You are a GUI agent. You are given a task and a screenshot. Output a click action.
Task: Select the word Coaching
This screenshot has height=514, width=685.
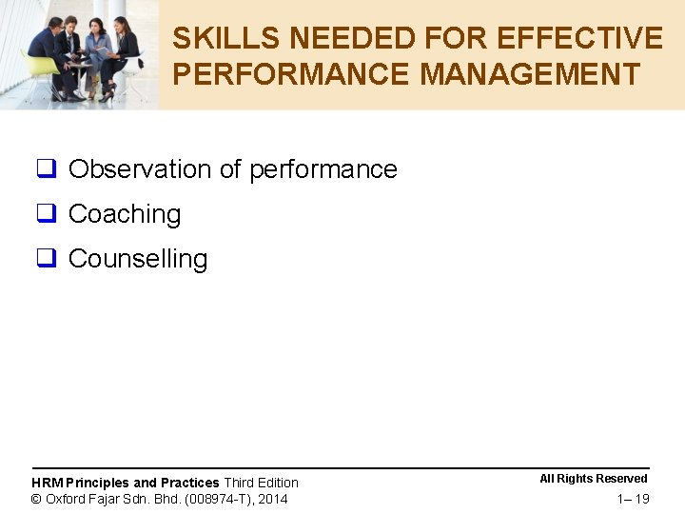click(x=125, y=214)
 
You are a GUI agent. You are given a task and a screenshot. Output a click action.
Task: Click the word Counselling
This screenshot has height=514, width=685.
click(x=138, y=259)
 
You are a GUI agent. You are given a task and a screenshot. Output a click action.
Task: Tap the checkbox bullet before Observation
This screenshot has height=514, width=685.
click(x=46, y=170)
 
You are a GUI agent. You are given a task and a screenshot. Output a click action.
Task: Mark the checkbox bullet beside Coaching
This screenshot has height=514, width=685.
click(x=46, y=215)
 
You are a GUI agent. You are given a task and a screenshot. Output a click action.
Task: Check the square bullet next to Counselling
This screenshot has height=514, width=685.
click(x=46, y=260)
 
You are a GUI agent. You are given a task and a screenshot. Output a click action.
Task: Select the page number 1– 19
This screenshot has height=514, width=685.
click(x=633, y=499)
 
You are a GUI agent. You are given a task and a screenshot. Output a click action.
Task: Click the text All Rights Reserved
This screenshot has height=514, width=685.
click(x=594, y=479)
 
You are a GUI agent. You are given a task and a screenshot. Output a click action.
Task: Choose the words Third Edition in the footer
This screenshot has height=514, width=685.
click(x=261, y=483)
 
